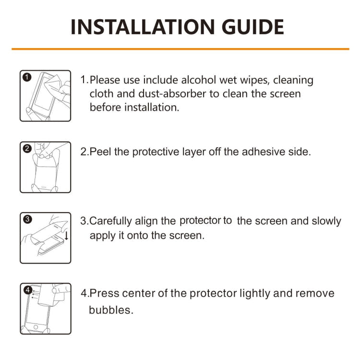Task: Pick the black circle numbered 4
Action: click(x=27, y=290)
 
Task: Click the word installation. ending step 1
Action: click(x=152, y=108)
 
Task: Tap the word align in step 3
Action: click(x=145, y=221)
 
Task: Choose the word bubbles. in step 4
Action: click(x=111, y=310)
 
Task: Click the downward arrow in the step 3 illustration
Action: click(x=66, y=235)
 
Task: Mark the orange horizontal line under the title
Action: click(x=180, y=49)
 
